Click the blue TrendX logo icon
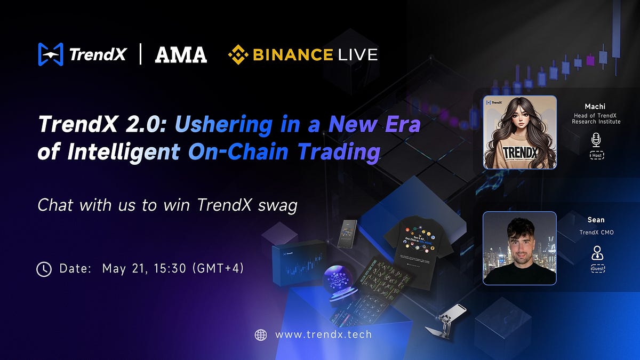[51, 54]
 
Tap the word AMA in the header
[181, 54]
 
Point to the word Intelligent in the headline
[123, 152]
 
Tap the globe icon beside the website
[261, 335]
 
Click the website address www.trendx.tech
[323, 335]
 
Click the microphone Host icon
[596, 140]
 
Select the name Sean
[596, 220]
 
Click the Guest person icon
[597, 253]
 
